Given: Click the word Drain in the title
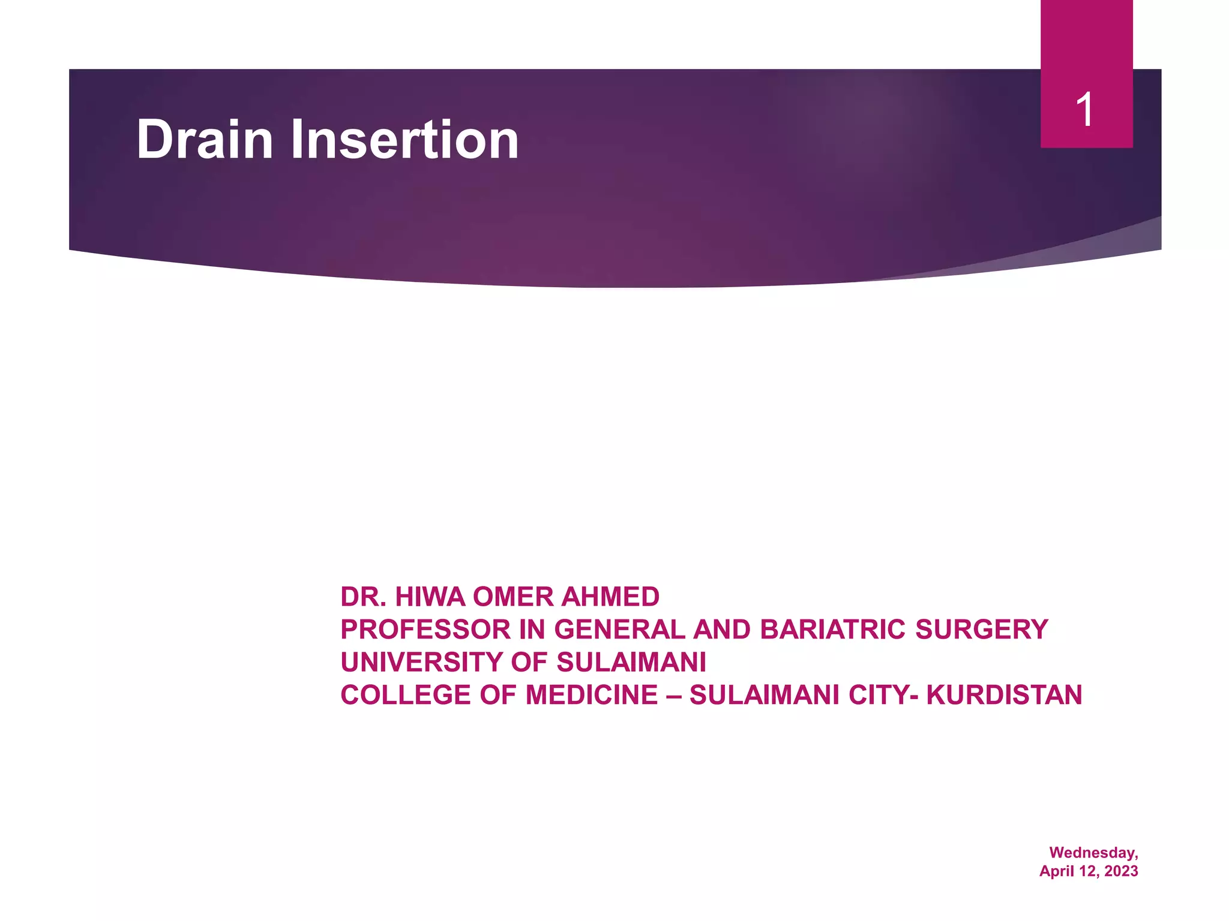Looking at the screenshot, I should click(205, 140).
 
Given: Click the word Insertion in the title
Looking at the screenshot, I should click(404, 140).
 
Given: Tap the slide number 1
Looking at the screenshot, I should click(1085, 110).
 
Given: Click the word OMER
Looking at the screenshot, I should click(513, 597).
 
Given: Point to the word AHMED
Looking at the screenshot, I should click(611, 597).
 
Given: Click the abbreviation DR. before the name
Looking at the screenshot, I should click(364, 597).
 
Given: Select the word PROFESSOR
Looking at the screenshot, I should click(425, 630).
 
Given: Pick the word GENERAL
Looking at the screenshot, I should click(619, 630).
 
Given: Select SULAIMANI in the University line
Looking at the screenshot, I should click(631, 663).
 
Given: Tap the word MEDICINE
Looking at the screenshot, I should click(592, 696).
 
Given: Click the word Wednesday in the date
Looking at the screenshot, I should click(1093, 853).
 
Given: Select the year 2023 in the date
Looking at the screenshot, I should click(1121, 871).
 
